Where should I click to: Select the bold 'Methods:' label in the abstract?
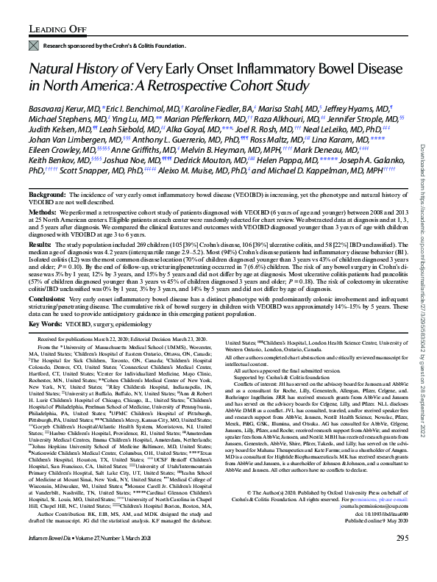(x=44, y=211)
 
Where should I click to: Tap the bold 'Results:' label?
(x=42, y=243)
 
